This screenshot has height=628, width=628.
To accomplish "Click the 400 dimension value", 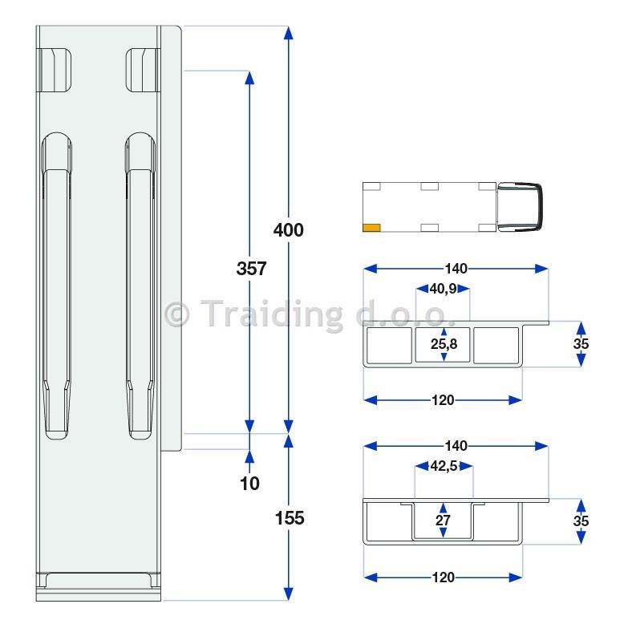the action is click(x=289, y=230).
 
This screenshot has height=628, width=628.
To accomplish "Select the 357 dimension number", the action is click(x=251, y=269).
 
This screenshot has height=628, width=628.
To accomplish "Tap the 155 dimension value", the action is click(x=290, y=518).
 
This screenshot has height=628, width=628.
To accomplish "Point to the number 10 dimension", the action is click(x=249, y=484).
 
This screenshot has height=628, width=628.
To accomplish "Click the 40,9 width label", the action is click(x=443, y=289).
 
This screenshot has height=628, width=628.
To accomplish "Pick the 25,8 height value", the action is click(x=444, y=343).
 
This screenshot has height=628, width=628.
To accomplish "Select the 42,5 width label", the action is click(x=444, y=466).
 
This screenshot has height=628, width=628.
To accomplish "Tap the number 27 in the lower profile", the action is click(x=443, y=521).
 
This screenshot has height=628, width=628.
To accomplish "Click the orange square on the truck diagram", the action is click(x=371, y=228).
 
